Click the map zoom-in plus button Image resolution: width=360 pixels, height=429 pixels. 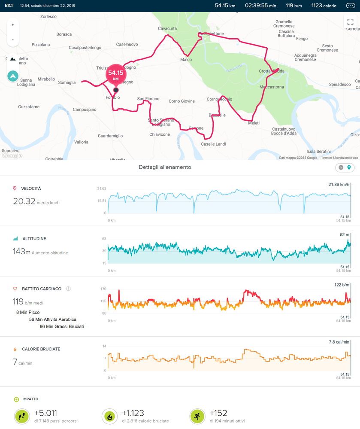[13, 25]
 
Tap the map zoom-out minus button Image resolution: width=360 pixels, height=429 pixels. [13, 40]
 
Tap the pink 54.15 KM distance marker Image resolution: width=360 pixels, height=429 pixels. [116, 75]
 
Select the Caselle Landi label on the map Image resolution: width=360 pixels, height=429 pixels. [213, 144]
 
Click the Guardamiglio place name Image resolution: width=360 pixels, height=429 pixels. [110, 136]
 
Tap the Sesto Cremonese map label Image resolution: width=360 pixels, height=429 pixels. [327, 48]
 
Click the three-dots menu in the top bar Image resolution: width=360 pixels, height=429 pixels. [350, 6]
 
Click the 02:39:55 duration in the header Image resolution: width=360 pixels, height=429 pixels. [257, 6]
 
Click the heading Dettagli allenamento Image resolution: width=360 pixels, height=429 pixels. [165, 167]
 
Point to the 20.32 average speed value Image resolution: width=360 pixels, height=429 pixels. [24, 201]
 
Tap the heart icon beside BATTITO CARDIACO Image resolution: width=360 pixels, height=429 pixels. [15, 289]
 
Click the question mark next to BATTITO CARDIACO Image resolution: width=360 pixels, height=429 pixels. [69, 289]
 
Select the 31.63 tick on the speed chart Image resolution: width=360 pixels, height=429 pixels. [102, 189]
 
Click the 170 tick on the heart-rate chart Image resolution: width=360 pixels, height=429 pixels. [103, 289]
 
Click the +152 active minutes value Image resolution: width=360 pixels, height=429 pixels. [218, 413]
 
